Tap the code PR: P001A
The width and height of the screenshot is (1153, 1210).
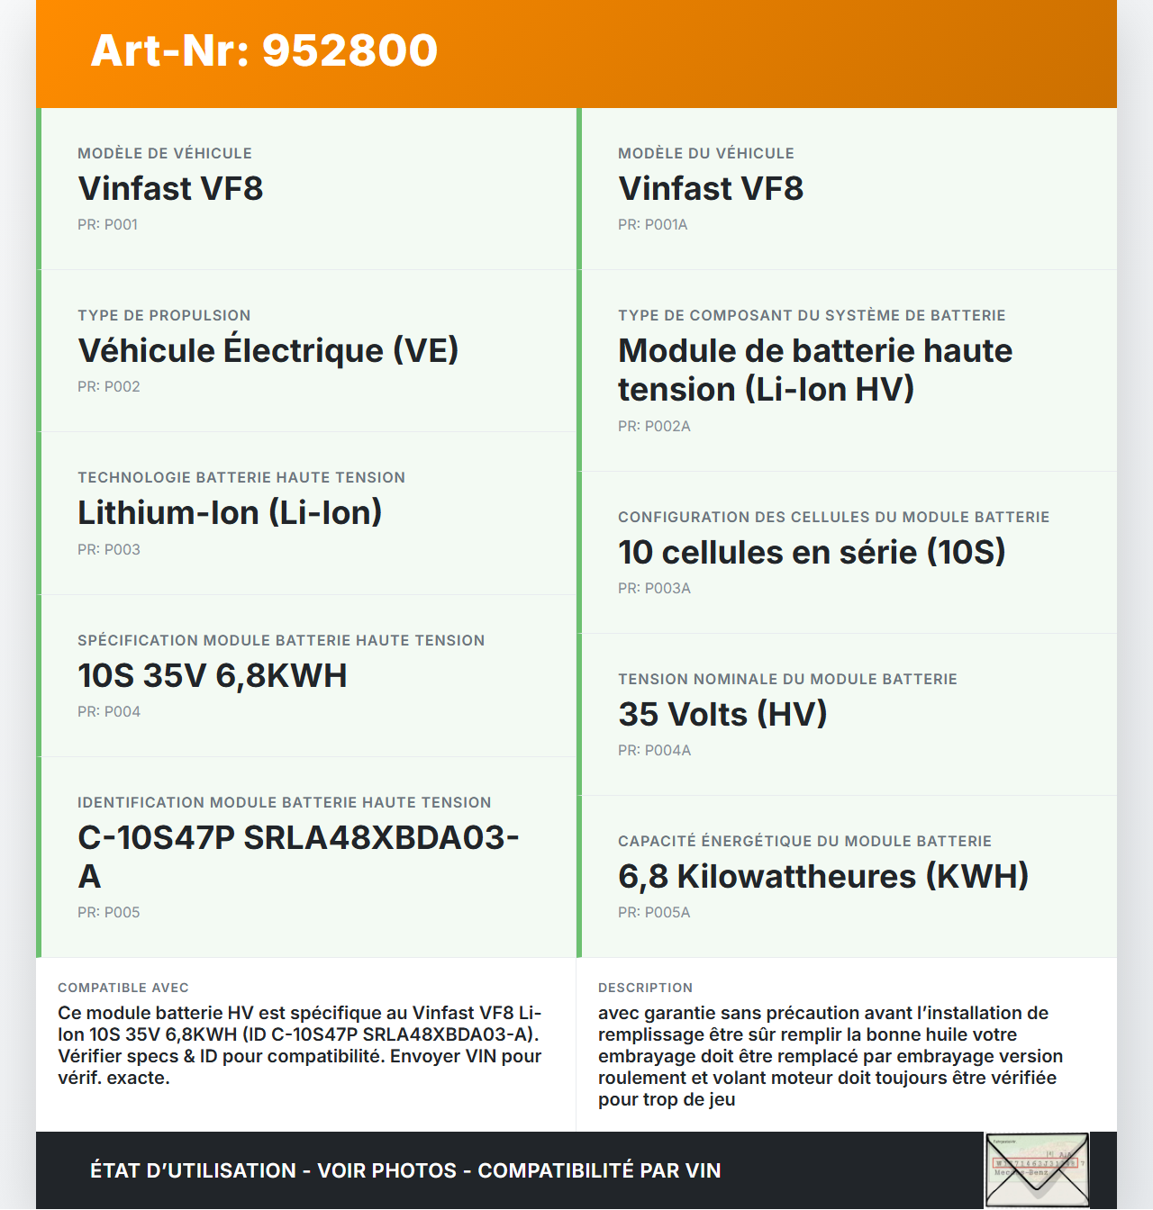click(x=652, y=225)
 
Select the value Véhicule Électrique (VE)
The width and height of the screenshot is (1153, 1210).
click(x=268, y=350)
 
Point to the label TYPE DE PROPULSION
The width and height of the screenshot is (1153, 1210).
click(x=164, y=315)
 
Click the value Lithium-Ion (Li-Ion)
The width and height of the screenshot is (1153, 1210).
click(x=230, y=513)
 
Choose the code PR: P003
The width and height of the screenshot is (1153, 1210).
click(x=109, y=549)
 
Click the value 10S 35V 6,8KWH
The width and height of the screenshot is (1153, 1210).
click(x=213, y=675)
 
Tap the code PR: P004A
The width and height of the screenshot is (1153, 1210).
click(x=654, y=751)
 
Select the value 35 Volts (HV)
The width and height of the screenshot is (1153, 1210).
click(x=722, y=714)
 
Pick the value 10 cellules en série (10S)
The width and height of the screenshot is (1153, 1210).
click(x=812, y=552)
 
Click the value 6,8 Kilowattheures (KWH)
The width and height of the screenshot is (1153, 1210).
click(x=823, y=876)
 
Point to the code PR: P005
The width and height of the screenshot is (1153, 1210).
click(x=109, y=913)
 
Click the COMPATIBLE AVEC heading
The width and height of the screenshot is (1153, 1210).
click(x=123, y=988)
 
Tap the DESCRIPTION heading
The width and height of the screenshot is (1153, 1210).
click(x=645, y=988)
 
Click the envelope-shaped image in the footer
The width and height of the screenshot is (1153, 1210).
click(x=1037, y=1169)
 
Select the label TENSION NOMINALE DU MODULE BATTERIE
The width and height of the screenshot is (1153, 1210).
click(x=787, y=679)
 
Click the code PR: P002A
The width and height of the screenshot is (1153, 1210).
click(x=654, y=427)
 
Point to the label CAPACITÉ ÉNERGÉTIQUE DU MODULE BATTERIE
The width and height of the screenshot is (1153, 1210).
click(x=804, y=841)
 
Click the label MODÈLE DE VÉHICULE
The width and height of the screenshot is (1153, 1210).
click(x=165, y=153)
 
